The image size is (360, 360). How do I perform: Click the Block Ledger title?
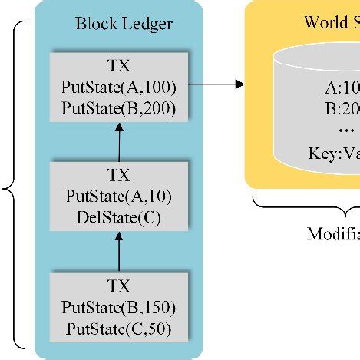[124, 24]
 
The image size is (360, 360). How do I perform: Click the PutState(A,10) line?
[119, 197]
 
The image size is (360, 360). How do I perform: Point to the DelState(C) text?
[119, 217]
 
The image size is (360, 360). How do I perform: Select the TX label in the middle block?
[120, 175]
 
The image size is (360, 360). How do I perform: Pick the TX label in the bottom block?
[120, 287]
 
